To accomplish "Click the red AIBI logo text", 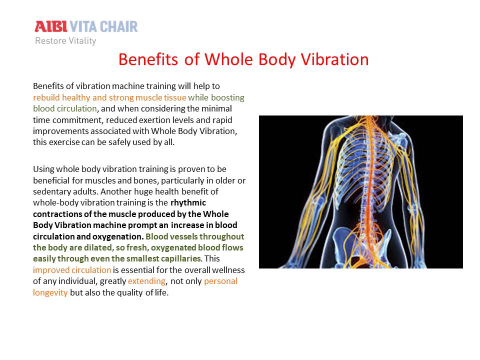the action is (x=51, y=26).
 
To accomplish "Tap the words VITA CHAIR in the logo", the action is (x=104, y=26).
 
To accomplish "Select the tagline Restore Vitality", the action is (x=65, y=40).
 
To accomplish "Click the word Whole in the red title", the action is (x=228, y=59).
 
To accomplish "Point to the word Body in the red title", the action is (x=277, y=59).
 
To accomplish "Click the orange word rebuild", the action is (x=46, y=97).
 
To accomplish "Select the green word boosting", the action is (x=228, y=97).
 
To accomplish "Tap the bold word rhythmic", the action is (x=188, y=202).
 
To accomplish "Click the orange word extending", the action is (x=147, y=281).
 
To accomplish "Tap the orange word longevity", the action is (x=50, y=292).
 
